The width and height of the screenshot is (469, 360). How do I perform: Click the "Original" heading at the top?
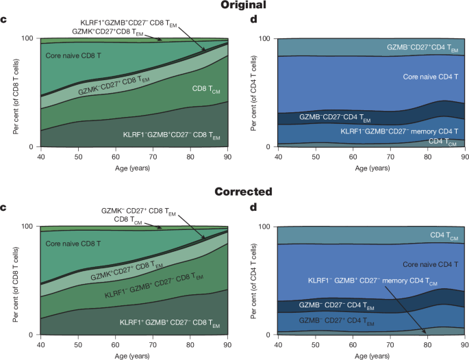[x=234, y=5]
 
